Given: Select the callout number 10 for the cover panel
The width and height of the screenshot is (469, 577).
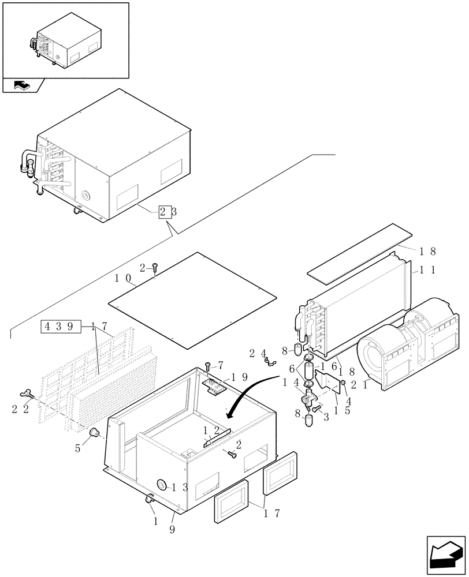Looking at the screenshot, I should (125, 279).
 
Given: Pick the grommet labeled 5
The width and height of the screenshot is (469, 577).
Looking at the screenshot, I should (95, 433).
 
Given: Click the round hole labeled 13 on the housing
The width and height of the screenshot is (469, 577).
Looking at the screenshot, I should (161, 485).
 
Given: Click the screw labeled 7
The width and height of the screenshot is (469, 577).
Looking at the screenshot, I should (207, 366).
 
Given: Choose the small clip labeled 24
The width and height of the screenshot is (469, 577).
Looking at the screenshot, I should (269, 362).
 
